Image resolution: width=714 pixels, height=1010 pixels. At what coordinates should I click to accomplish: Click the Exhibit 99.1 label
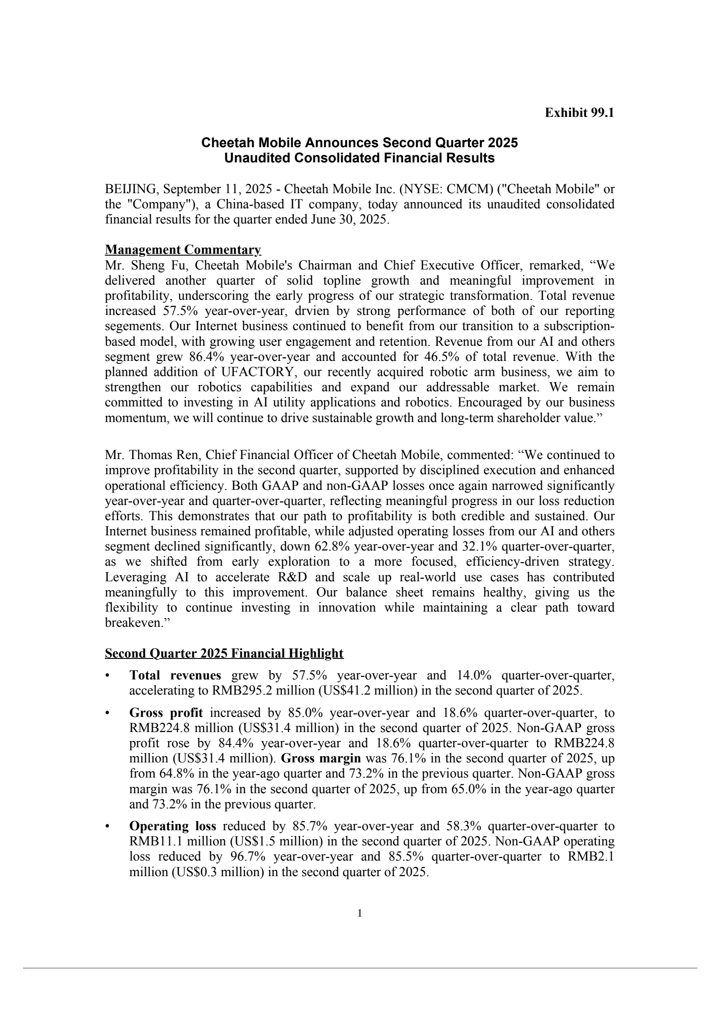click(579, 113)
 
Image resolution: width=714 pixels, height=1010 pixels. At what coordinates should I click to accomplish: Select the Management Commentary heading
click(183, 250)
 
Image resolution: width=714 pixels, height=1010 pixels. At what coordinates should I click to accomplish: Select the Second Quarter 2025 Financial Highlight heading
click(224, 654)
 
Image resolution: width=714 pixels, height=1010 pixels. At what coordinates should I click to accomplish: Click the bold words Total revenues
click(175, 675)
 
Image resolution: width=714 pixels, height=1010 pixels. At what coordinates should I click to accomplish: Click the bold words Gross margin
click(321, 758)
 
